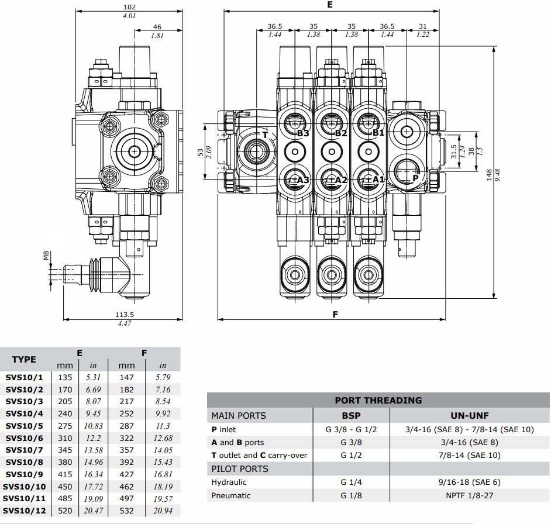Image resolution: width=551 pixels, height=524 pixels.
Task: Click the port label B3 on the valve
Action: pyautogui.click(x=302, y=133)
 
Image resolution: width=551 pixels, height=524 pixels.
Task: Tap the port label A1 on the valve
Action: pyautogui.click(x=379, y=179)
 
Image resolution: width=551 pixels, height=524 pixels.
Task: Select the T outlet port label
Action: pyautogui.click(x=265, y=135)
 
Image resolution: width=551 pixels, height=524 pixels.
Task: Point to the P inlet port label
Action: pyautogui.click(x=416, y=178)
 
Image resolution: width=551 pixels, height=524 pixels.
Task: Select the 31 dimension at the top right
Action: pyautogui.click(x=423, y=26)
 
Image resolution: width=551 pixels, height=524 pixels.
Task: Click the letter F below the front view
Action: pyautogui.click(x=336, y=314)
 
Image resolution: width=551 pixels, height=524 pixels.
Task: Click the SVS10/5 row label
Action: pyautogui.click(x=25, y=426)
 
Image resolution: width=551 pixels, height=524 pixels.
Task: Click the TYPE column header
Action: pyautogui.click(x=24, y=359)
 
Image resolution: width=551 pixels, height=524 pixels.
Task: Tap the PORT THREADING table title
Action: pyautogui.click(x=378, y=401)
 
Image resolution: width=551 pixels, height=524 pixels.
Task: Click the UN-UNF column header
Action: pyautogui.click(x=470, y=416)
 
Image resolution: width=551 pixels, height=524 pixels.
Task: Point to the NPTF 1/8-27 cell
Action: pyautogui.click(x=470, y=495)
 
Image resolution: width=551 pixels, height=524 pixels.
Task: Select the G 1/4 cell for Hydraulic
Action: pyautogui.click(x=352, y=482)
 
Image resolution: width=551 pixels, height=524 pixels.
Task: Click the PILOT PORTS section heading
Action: pyautogui.click(x=240, y=468)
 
